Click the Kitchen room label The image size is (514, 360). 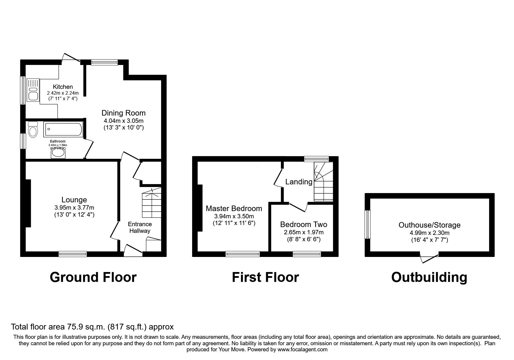63,87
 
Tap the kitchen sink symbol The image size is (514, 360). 32,90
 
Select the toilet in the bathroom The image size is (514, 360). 33,130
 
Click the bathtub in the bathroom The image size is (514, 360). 63,130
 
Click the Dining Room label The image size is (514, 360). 123,113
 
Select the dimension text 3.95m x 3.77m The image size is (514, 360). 74,208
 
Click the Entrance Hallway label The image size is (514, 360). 140,228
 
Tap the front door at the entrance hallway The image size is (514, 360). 133,250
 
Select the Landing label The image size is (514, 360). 299,182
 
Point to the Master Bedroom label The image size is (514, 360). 234,208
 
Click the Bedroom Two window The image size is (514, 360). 307,254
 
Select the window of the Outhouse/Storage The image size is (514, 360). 368,224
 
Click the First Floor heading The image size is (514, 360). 265,277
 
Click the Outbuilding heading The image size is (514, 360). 429,277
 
